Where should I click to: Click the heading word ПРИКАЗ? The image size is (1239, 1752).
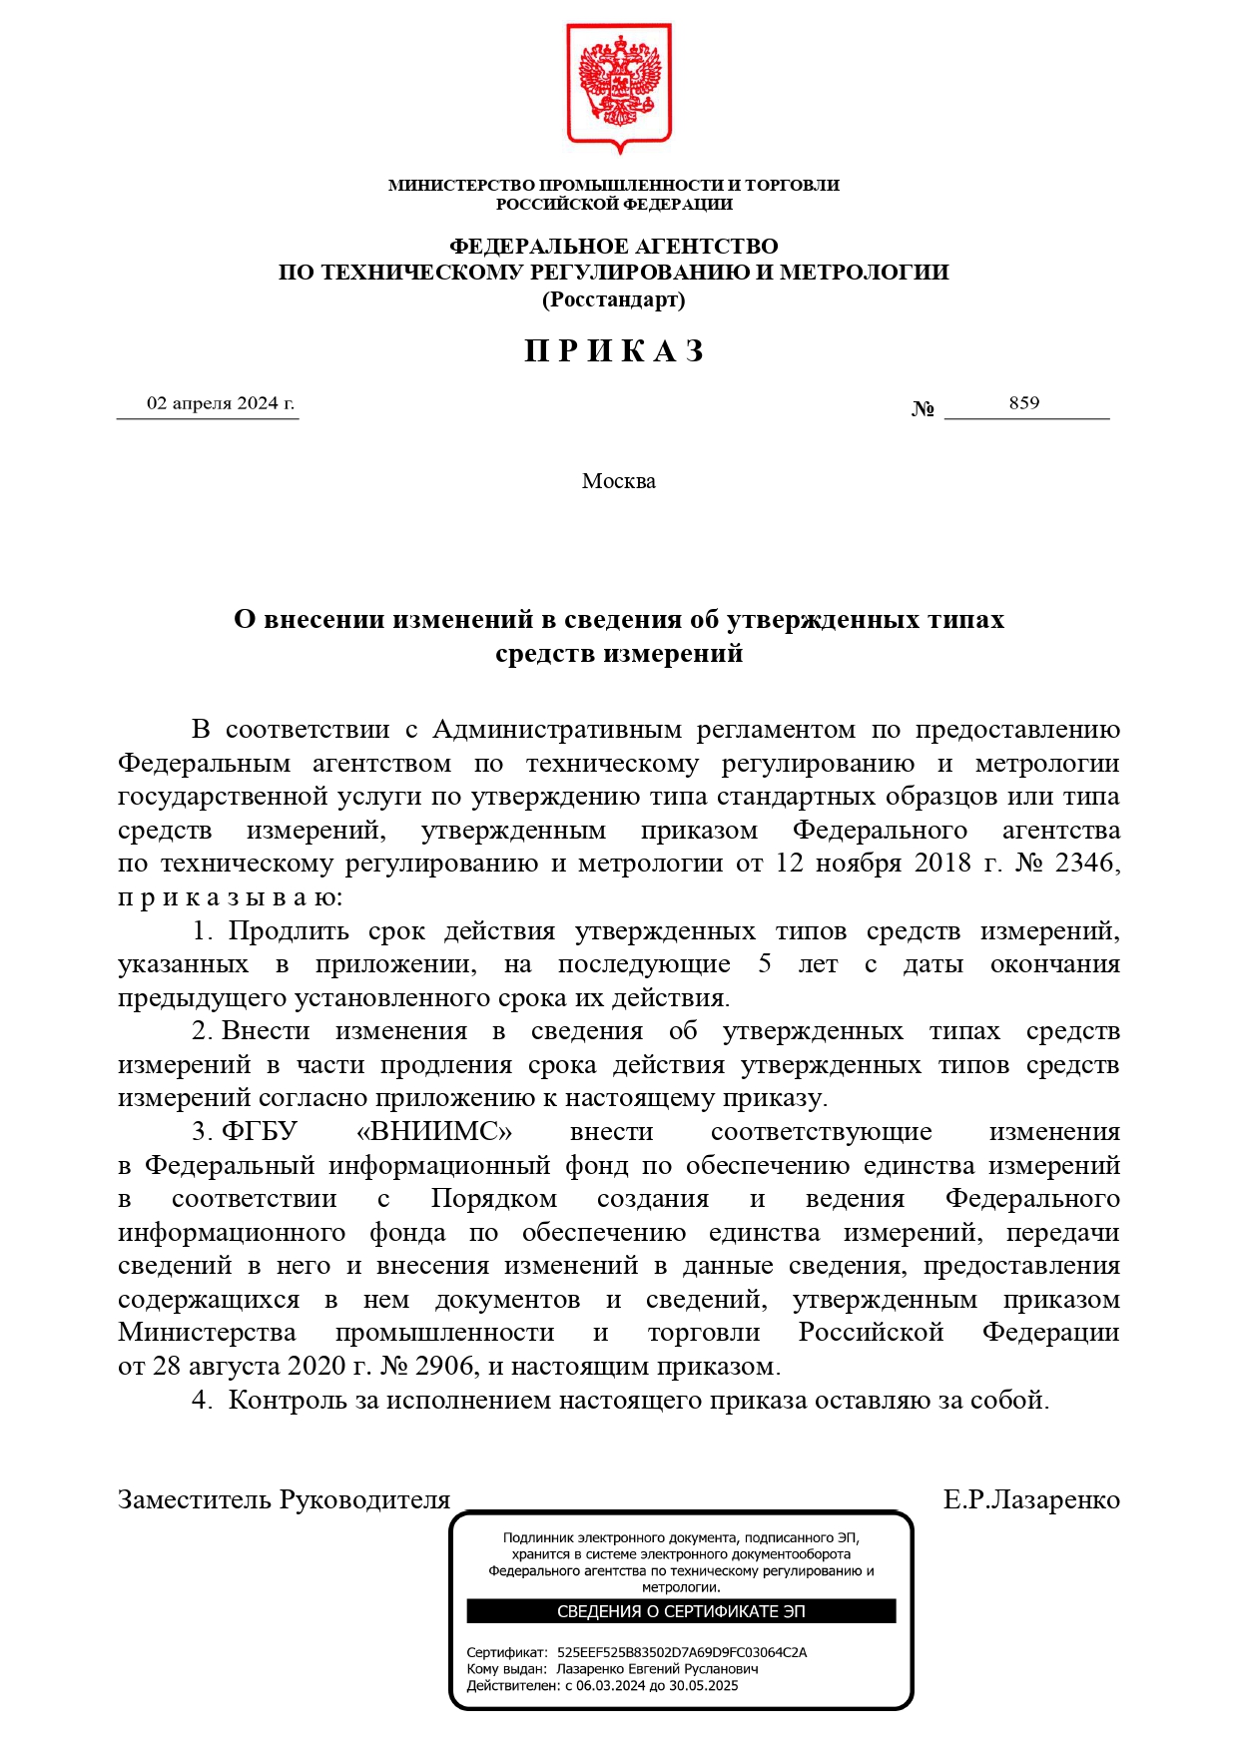tap(615, 351)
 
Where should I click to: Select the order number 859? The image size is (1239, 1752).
tap(1024, 403)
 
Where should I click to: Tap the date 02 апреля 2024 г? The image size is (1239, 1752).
tap(221, 403)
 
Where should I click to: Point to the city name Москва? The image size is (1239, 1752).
tap(619, 481)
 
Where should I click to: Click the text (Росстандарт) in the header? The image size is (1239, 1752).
tap(613, 299)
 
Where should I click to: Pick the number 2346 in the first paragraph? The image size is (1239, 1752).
tap(1086, 864)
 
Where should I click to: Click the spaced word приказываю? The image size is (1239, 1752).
tap(230, 897)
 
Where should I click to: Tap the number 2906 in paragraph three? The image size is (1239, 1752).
tap(445, 1366)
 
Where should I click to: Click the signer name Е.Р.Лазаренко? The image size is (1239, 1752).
tap(1031, 1500)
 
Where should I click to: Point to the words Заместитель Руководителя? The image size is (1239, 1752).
tap(285, 1500)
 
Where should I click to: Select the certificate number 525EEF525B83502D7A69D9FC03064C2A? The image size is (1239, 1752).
tap(682, 1652)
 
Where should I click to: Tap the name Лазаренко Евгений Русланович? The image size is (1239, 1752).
tap(657, 1669)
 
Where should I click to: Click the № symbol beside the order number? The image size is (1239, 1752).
tap(923, 409)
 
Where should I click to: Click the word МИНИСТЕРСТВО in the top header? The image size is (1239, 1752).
tap(461, 185)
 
